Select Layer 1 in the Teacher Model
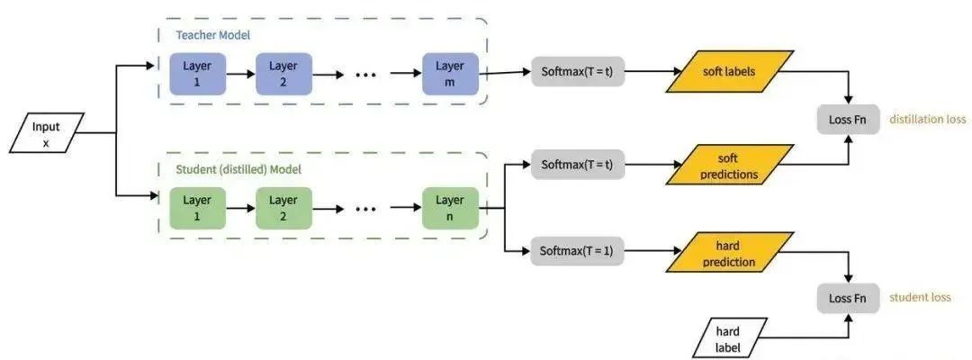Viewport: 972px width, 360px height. point(196,73)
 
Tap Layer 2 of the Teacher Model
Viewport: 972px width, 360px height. point(283,73)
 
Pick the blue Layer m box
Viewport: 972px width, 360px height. point(449,73)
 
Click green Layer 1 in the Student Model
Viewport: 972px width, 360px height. point(196,208)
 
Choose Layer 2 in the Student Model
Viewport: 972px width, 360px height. point(283,208)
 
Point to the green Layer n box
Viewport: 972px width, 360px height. point(449,208)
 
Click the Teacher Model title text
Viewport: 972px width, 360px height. point(213,35)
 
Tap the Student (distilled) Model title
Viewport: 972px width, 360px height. point(238,168)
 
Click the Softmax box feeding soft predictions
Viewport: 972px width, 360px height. point(576,165)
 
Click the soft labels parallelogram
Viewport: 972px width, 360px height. point(729,70)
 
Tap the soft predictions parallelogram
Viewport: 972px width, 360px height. point(729,166)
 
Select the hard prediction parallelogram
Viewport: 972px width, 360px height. point(729,253)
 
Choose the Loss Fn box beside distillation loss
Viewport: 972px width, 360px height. point(848,119)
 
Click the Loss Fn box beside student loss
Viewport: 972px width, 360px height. point(848,298)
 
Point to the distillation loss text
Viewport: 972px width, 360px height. point(928,119)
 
